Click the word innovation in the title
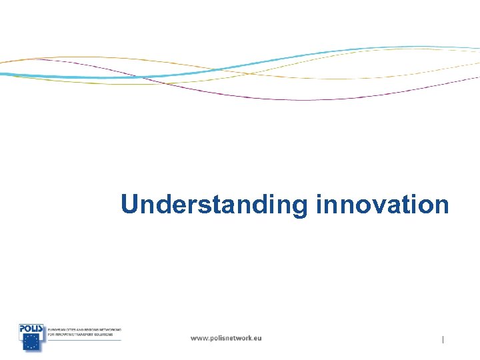pyautogui.click(x=383, y=204)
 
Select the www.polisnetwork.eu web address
pyautogui.click(x=226, y=338)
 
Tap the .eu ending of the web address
pyautogui.click(x=256, y=338)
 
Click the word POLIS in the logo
pyautogui.click(x=31, y=328)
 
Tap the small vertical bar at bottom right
pyautogui.click(x=443, y=340)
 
